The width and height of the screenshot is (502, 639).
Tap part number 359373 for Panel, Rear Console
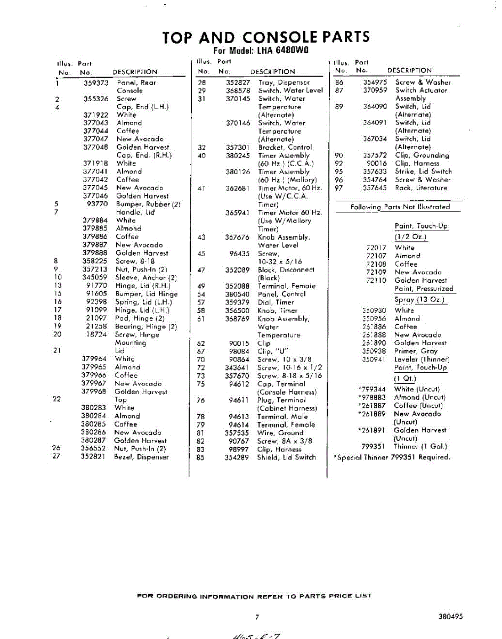[96, 83]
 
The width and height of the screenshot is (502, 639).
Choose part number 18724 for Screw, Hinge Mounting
[97, 335]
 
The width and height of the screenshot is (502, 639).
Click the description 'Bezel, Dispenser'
[141, 457]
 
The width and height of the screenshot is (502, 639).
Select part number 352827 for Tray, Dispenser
[238, 83]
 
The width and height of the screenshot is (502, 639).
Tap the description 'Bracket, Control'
[285, 148]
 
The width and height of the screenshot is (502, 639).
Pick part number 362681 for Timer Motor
[238, 189]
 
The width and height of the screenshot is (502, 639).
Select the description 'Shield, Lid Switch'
[286, 457]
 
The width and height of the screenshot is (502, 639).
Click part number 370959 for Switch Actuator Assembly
[375, 91]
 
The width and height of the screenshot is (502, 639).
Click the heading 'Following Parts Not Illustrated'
[400, 207]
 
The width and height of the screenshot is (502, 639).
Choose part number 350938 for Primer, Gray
[374, 351]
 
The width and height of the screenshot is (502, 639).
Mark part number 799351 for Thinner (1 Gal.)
[373, 447]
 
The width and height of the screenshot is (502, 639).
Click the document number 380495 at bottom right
[451, 616]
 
